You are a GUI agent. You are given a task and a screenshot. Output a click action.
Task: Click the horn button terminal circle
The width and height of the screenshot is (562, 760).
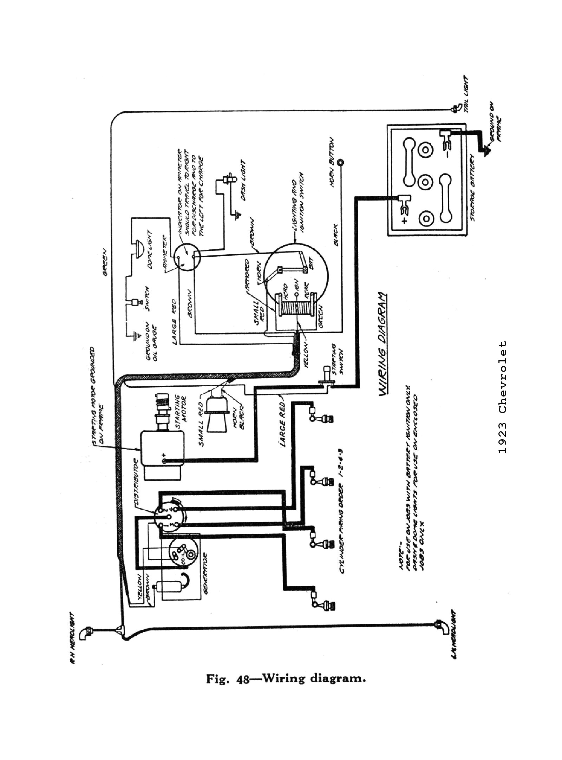tap(340, 163)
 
